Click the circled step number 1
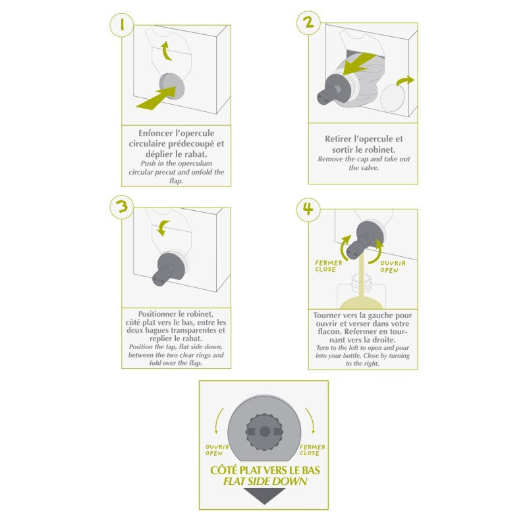pos(122,24)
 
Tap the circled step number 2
pos(308,23)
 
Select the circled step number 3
pos(122,207)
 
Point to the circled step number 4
pos(308,209)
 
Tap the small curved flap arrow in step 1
pos(166,51)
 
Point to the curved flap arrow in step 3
pos(163,228)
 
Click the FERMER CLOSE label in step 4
pos(328,266)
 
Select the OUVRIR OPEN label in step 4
pos(393,267)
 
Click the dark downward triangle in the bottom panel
pos(265,496)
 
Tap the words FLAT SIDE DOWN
pos(265,482)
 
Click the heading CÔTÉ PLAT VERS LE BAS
pos(265,470)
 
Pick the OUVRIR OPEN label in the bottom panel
pos(217,450)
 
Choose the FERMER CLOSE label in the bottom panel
pos(312,450)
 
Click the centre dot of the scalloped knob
pos(265,431)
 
